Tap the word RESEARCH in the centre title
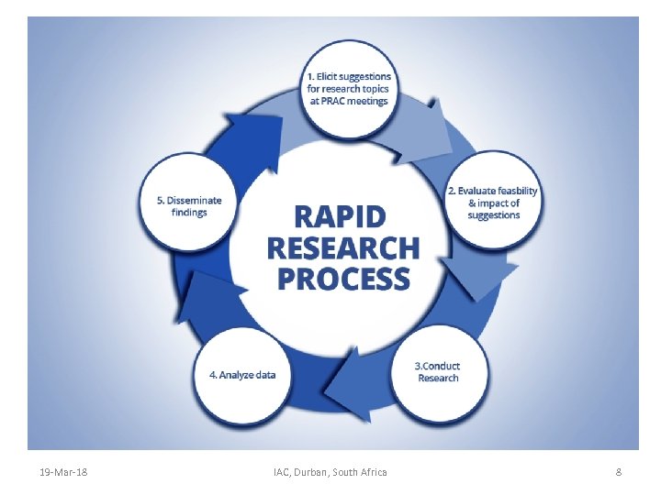coord(342,247)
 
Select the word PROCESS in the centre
coord(342,279)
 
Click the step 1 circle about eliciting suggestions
coord(348,89)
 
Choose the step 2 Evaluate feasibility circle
coord(493,203)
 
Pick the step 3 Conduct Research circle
coord(438,371)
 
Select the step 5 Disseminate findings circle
coord(188,206)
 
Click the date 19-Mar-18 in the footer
coord(63,472)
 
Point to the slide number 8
coord(618,472)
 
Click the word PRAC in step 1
coord(333,101)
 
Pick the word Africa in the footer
coord(372,472)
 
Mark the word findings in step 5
coord(189,213)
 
